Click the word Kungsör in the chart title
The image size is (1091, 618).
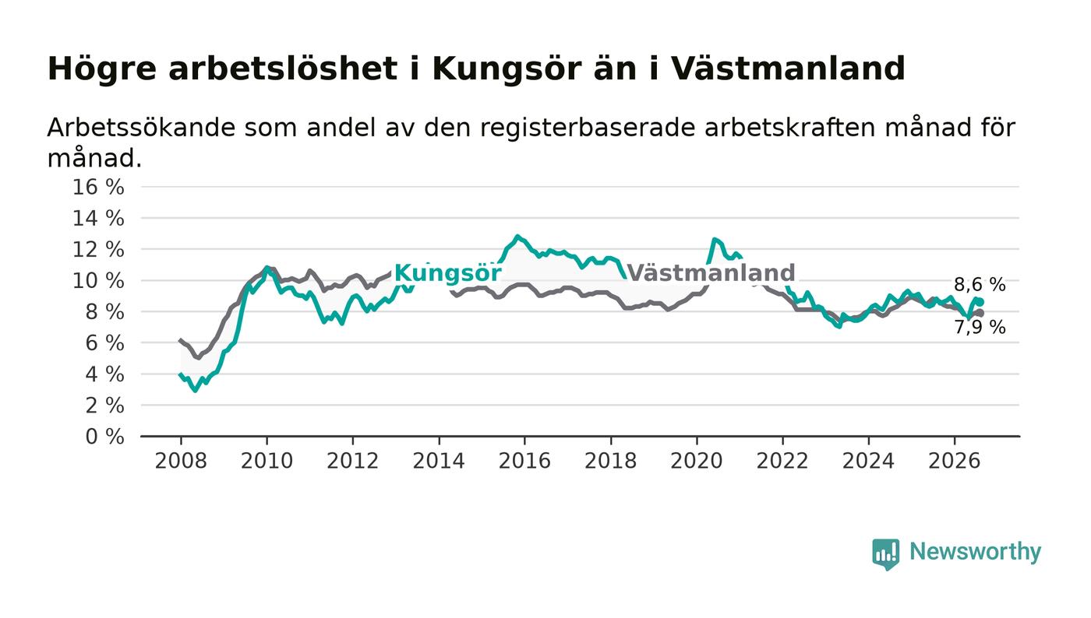507,69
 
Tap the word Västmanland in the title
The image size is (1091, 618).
789,68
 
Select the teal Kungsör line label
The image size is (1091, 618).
447,273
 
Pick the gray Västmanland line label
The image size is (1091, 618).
711,272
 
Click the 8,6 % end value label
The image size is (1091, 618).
980,285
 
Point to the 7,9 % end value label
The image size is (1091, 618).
980,328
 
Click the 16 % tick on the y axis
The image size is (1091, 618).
98,187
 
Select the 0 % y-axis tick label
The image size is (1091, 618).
104,437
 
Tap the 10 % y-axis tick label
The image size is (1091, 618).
98,281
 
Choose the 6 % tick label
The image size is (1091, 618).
104,343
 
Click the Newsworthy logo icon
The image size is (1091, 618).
885,554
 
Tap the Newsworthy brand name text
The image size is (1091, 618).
975,552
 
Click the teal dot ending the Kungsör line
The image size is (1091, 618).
980,302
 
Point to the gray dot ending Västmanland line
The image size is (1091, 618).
980,313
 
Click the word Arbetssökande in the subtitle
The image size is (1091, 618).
141,128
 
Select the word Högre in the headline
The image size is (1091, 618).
102,69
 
